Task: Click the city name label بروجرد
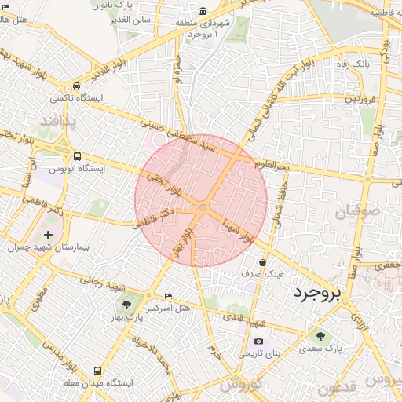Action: (x=318, y=294)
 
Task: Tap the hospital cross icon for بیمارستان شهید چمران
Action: (x=49, y=234)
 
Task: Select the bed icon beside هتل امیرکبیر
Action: (x=169, y=295)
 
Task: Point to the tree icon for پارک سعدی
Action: (x=320, y=336)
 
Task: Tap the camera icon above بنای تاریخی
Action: (x=258, y=341)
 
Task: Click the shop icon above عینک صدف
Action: (x=262, y=262)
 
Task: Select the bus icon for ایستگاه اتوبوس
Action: (x=77, y=157)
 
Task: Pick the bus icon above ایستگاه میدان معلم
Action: (x=97, y=370)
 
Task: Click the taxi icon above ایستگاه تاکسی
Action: (x=76, y=86)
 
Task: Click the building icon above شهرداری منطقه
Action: (x=203, y=11)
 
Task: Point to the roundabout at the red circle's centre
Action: (x=202, y=207)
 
